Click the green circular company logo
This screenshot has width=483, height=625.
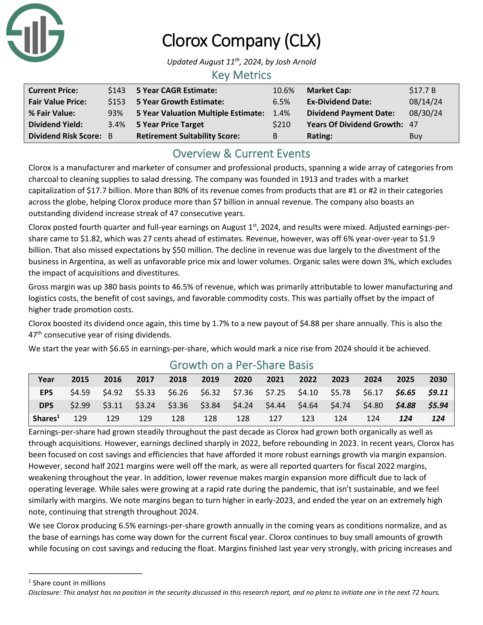[x=35, y=33]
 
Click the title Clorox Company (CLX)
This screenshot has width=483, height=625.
[x=241, y=41]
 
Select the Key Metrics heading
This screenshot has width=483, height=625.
[x=241, y=75]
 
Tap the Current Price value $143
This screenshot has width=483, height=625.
[x=116, y=90]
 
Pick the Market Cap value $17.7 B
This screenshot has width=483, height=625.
[x=422, y=90]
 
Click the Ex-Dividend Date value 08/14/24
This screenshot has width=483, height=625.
[x=425, y=102]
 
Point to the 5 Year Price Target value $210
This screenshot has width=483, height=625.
[x=281, y=124]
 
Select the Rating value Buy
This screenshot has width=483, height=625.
[x=415, y=136]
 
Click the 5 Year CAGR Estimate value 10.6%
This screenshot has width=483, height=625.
[x=283, y=90]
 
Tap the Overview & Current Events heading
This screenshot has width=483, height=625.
[x=241, y=154]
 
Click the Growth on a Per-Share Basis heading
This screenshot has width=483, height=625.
[x=241, y=365]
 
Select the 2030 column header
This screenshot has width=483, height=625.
[x=438, y=380]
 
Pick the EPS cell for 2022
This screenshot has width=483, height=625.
[x=308, y=392]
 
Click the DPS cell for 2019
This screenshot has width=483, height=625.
[x=210, y=405]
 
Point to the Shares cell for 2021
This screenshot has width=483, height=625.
[x=275, y=418]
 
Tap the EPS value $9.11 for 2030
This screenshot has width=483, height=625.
[x=438, y=392]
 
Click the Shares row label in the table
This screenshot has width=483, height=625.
[x=46, y=418]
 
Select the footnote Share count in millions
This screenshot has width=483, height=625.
[x=69, y=583]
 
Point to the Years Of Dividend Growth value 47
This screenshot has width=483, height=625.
[x=413, y=124]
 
